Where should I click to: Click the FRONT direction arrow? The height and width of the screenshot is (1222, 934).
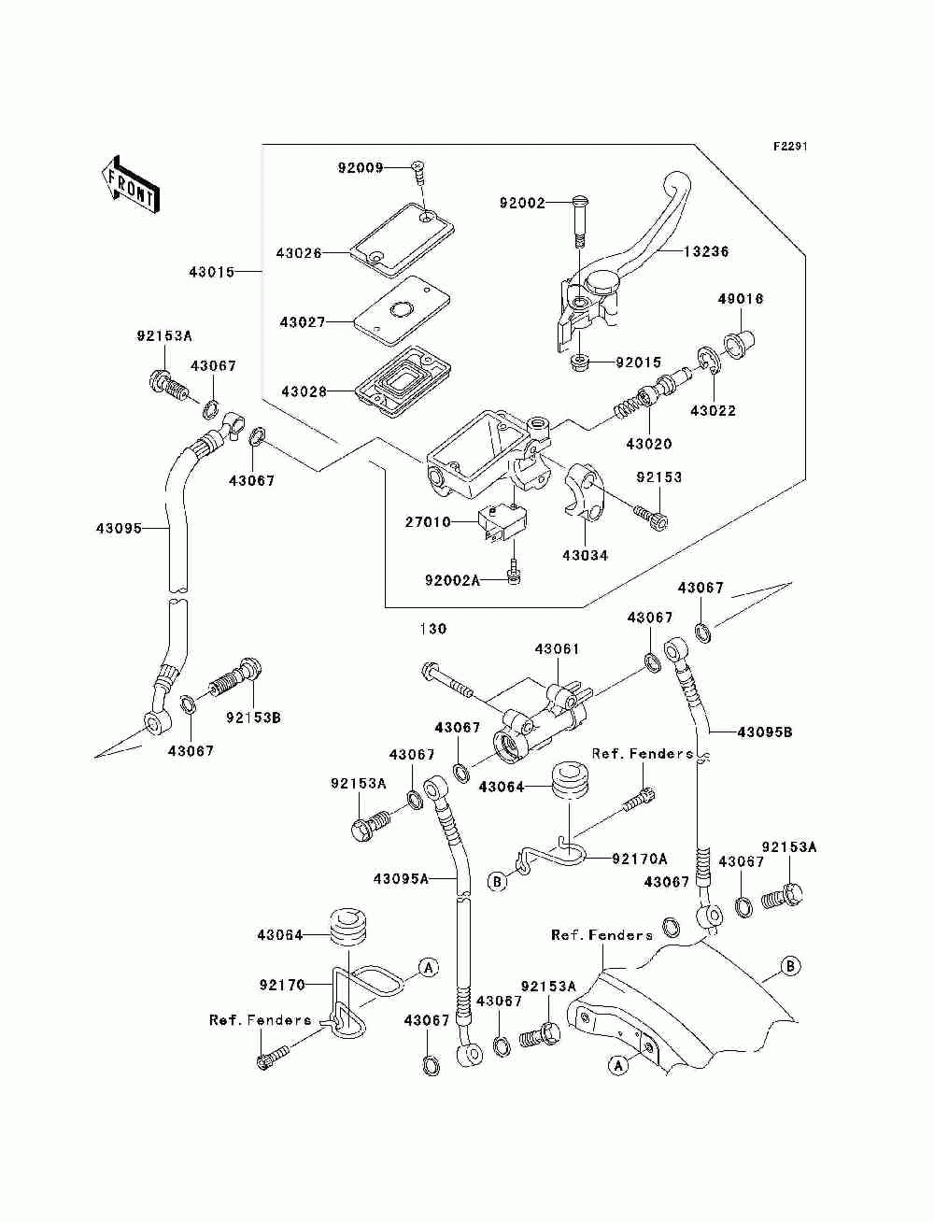click(130, 184)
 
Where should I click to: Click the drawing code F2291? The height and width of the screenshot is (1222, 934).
click(790, 147)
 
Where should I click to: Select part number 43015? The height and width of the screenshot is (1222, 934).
click(211, 272)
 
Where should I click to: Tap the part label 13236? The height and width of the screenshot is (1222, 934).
click(706, 251)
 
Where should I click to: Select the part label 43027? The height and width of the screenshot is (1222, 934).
click(303, 321)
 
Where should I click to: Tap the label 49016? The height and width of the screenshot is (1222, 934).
click(741, 299)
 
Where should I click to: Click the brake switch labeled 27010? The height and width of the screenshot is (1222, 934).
click(502, 522)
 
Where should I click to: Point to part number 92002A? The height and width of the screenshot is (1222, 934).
click(453, 581)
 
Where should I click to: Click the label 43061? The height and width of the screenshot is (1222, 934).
click(557, 649)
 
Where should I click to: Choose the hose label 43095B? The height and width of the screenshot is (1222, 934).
click(765, 732)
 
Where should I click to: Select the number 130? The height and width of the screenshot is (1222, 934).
click(433, 629)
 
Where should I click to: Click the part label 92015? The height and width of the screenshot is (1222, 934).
click(638, 362)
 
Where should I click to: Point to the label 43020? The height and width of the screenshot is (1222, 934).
click(649, 444)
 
